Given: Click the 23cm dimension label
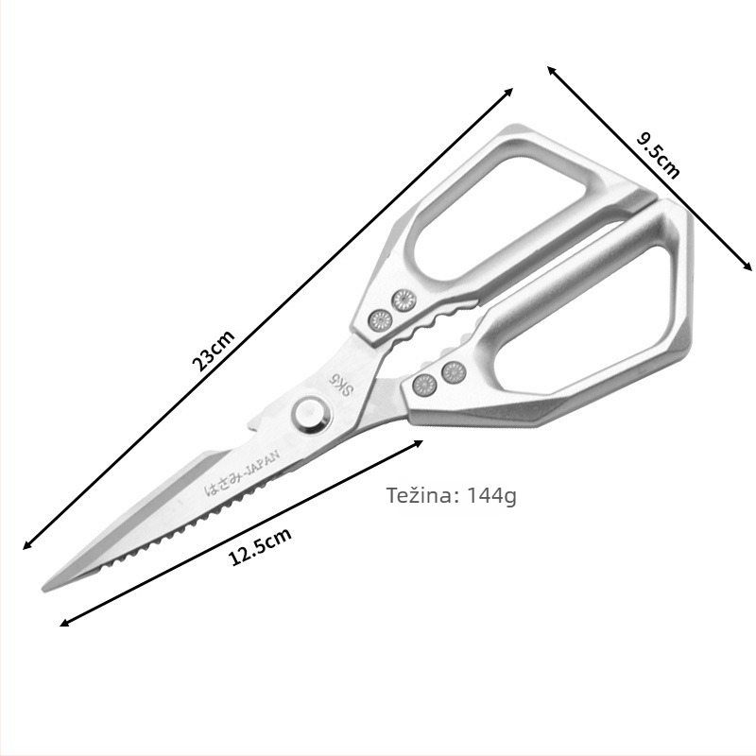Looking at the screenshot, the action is pos(214,351).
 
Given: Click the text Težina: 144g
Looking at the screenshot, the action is pos(452,495).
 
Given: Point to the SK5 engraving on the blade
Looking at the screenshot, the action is pos(339,385).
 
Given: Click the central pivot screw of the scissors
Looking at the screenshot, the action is pos(312,415).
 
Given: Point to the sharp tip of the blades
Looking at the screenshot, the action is pos(44,589).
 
